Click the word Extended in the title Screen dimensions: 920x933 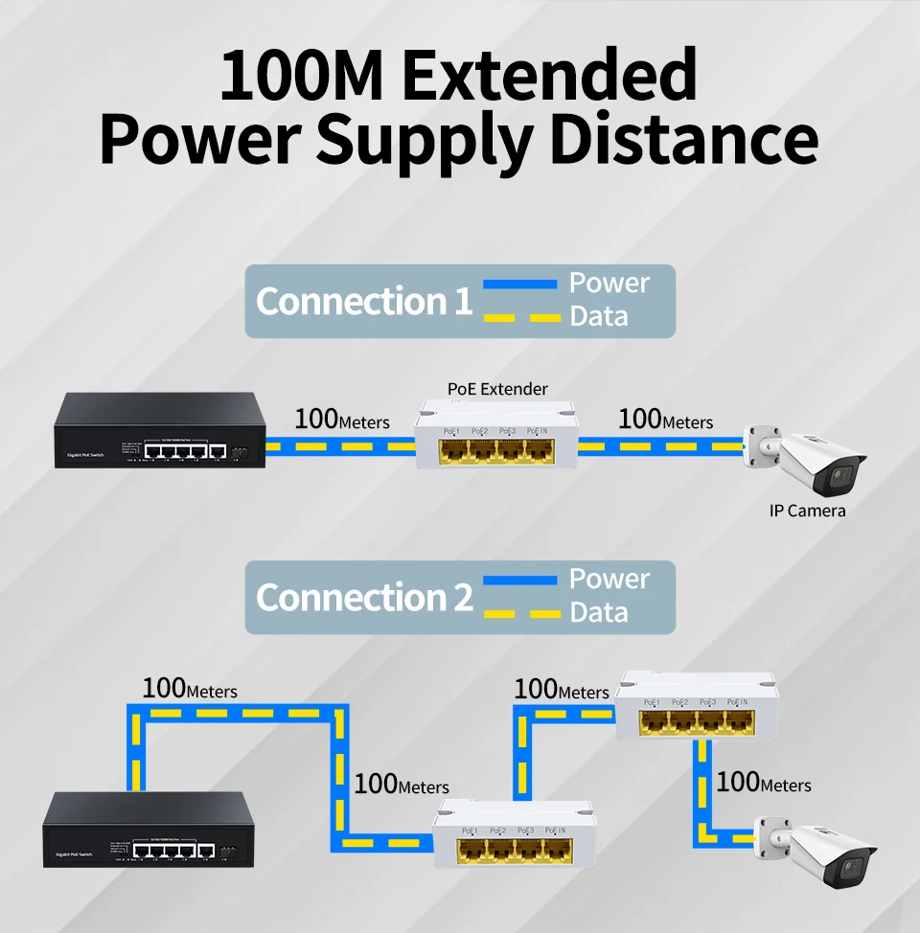(x=549, y=76)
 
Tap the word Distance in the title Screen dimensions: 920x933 (x=683, y=140)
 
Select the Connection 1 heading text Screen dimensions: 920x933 (x=364, y=302)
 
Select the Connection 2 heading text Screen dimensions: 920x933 (x=364, y=598)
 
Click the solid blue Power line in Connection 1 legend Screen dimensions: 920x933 (x=519, y=284)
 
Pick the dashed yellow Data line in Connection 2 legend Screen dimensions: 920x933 (x=519, y=614)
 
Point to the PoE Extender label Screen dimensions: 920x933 (x=497, y=389)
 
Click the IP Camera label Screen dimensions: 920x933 (x=807, y=512)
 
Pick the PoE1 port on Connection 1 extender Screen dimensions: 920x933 (x=453, y=451)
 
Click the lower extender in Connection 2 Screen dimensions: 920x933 (x=513, y=835)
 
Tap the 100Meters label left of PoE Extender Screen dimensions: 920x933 (x=341, y=420)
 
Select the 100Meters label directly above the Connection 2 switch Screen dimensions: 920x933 (x=189, y=689)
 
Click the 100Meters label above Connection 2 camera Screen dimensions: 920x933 (x=763, y=783)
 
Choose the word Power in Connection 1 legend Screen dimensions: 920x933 (x=609, y=284)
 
